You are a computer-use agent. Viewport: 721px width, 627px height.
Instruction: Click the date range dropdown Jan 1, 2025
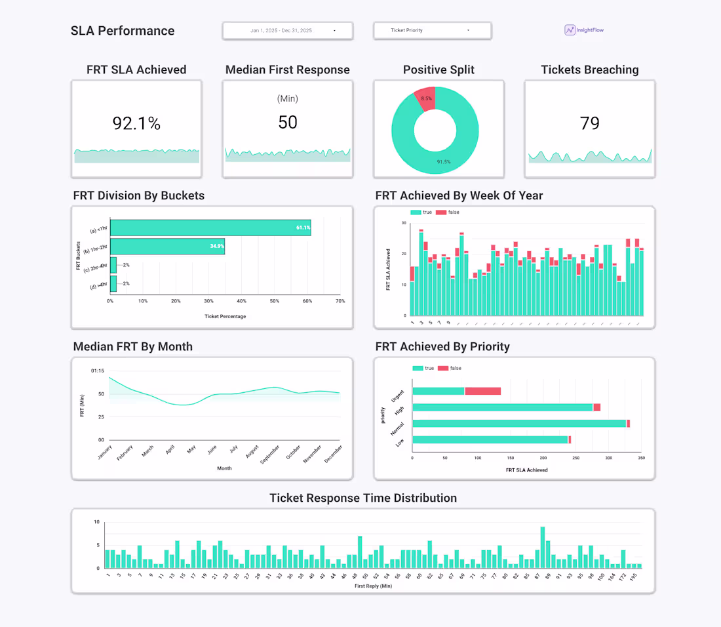288,31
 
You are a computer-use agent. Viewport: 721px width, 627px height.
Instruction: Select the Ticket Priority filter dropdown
432,31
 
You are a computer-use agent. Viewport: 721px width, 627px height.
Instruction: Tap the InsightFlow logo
584,30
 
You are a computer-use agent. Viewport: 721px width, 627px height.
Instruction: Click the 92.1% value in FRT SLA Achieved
136,123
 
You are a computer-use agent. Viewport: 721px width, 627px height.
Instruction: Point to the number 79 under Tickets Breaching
590,123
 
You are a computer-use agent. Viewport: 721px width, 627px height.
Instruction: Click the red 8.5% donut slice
425,98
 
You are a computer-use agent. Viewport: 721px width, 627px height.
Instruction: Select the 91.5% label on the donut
444,161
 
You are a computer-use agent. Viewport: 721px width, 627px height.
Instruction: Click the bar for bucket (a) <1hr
210,228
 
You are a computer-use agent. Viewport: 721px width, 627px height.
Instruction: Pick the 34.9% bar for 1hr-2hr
167,246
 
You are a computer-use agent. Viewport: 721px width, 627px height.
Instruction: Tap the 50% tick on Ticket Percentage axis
275,301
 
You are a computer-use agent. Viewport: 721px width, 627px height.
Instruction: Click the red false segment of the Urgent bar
483,391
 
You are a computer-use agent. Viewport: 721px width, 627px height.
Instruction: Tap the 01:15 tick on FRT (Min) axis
98,371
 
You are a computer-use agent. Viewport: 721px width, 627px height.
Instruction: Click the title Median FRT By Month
133,346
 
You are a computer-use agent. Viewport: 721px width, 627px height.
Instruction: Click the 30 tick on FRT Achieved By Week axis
403,223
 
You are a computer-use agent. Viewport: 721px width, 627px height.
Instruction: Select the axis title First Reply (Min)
373,586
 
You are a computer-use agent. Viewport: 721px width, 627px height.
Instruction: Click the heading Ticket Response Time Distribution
363,498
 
